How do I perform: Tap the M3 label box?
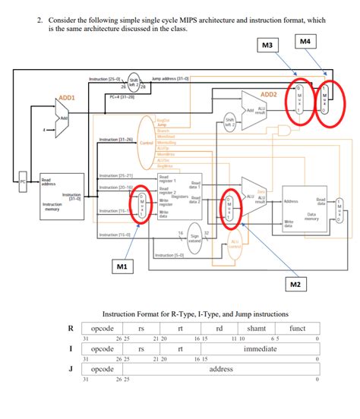click(x=267, y=46)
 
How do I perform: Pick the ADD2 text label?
click(x=268, y=94)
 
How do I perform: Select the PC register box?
click(x=24, y=181)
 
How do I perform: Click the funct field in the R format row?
click(x=297, y=328)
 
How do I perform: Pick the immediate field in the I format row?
click(x=260, y=349)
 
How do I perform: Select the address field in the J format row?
click(x=220, y=370)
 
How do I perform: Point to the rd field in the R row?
click(x=219, y=328)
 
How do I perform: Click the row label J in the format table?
click(x=71, y=370)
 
